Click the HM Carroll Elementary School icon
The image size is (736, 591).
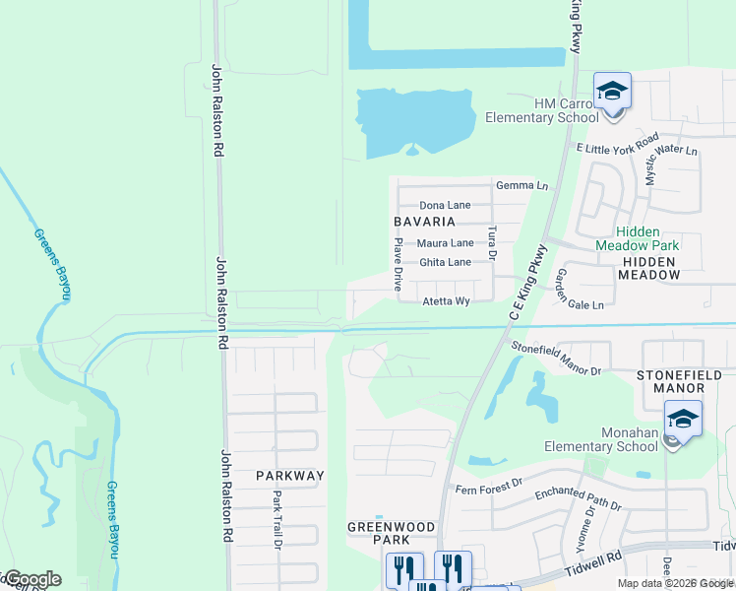coord(611,94)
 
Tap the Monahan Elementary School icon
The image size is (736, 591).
coord(683,421)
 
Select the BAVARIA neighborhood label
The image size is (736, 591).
coord(425,222)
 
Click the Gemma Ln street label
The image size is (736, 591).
coord(521,185)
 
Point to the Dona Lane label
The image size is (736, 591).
coord(445,205)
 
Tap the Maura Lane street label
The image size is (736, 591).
coord(445,242)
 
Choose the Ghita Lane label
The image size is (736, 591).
coord(445,262)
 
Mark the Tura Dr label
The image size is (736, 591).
coord(492,242)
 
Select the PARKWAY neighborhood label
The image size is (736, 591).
coord(289,475)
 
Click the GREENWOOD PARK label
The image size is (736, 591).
coord(391,533)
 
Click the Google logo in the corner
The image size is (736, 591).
coord(31,579)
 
